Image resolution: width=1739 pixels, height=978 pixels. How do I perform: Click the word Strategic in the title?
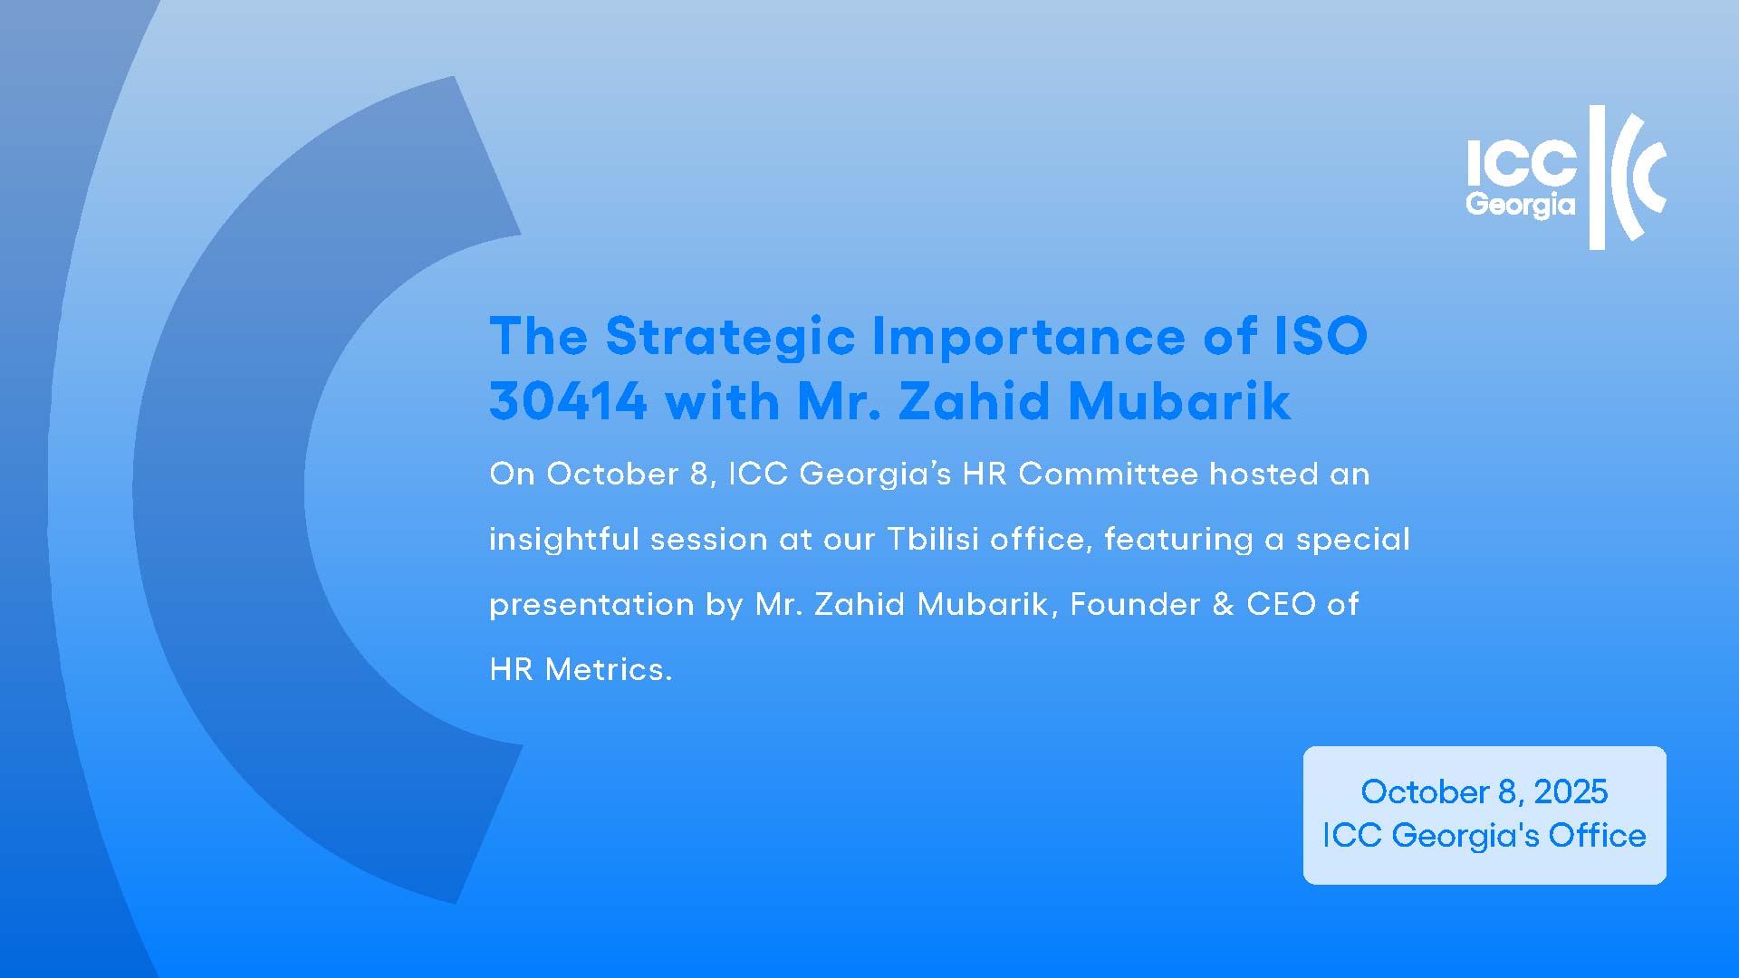tap(730, 338)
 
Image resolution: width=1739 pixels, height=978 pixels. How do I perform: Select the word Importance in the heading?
tap(1028, 338)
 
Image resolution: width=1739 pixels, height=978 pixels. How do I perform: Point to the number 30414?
tap(568, 400)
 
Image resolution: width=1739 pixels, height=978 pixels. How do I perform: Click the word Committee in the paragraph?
tap(1109, 474)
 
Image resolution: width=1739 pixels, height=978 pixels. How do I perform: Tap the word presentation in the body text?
tap(591, 605)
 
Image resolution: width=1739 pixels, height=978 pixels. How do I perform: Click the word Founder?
tap(1135, 604)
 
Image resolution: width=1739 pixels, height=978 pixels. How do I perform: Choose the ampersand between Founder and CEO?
tap(1223, 604)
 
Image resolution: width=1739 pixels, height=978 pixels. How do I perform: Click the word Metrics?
tap(609, 669)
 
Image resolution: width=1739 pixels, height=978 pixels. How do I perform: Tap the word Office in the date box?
tap(1597, 835)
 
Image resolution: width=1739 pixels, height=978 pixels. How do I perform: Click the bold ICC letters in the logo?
tap(1522, 164)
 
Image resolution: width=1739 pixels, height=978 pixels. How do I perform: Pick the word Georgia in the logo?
tap(1521, 205)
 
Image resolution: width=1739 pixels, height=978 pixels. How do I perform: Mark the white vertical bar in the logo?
tap(1598, 177)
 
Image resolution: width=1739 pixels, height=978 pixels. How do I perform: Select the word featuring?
tap(1178, 540)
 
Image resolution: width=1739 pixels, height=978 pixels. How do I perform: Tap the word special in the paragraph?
tap(1353, 540)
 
